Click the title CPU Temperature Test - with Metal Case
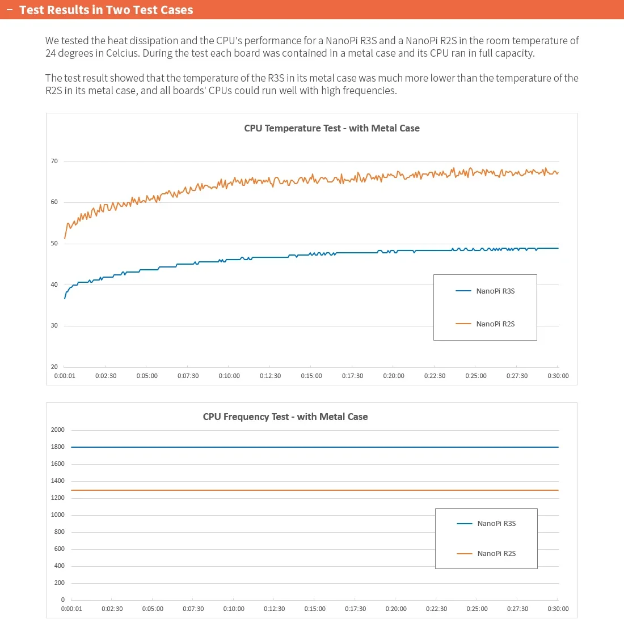tap(332, 128)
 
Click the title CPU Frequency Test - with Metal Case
tap(285, 417)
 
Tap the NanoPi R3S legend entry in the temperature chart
tap(495, 291)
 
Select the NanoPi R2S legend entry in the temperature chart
tap(495, 324)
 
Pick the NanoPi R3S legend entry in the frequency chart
tap(496, 524)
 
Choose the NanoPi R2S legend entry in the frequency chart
tap(496, 554)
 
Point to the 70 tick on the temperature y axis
tap(54, 162)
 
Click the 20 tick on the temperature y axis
tap(54, 367)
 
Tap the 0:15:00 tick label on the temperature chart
tap(311, 376)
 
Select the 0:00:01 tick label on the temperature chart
tap(65, 376)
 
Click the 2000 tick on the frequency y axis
tap(58, 430)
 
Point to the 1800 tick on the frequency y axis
tap(58, 447)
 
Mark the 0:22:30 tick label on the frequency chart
tap(436, 609)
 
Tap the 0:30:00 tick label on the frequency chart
tap(558, 609)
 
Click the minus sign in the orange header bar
tap(10, 10)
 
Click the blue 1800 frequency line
tap(312, 447)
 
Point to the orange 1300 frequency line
tap(312, 490)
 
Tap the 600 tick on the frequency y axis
tap(60, 549)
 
